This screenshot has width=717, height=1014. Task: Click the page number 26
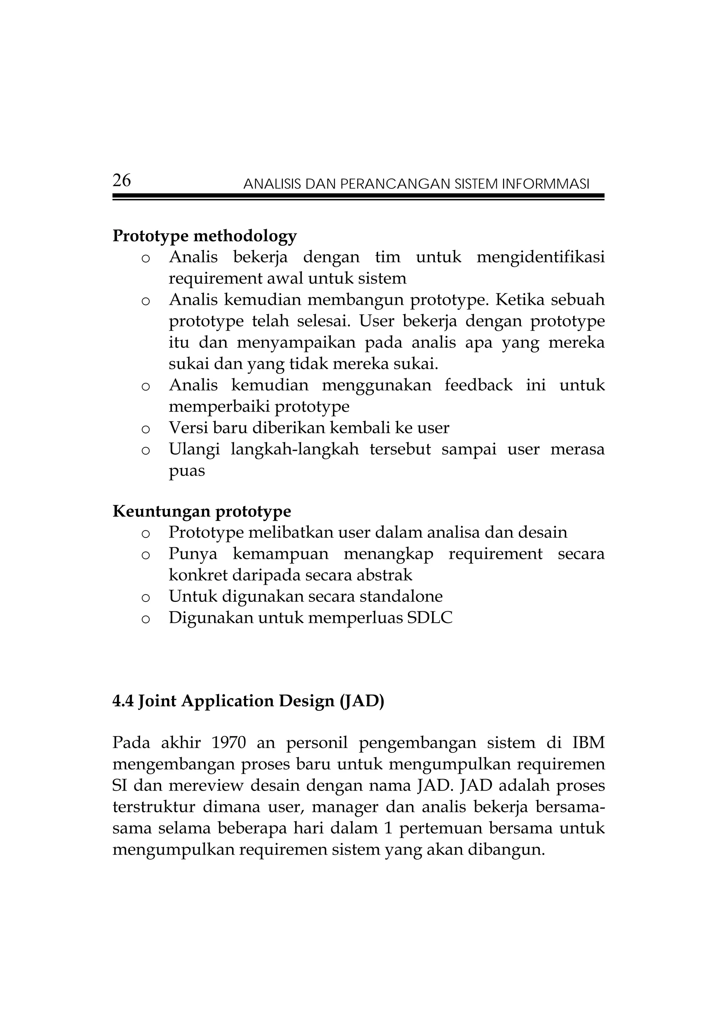(x=121, y=180)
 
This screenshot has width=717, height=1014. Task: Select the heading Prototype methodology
(x=204, y=236)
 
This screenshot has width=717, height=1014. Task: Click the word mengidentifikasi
(x=541, y=257)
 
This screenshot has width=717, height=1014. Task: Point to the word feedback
(x=479, y=385)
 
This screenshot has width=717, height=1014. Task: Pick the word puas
(x=187, y=471)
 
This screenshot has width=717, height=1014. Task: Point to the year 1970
(x=229, y=743)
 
